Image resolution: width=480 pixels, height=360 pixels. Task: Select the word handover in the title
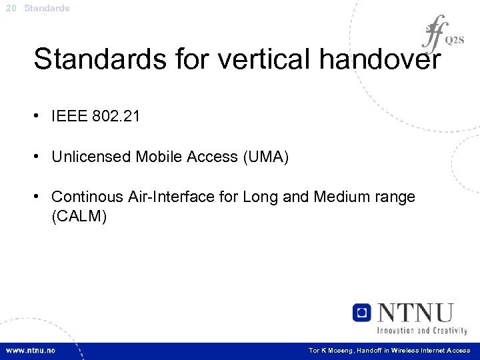coord(380,59)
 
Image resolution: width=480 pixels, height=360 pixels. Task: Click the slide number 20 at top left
coord(11,9)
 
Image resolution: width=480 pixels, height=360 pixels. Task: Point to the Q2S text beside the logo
coord(455,40)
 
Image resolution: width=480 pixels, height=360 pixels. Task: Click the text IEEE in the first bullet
coord(69,117)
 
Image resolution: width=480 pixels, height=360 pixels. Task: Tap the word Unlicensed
coord(91,157)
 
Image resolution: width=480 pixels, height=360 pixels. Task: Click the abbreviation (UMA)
coord(265,157)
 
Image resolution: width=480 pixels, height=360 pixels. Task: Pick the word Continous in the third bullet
coord(86,197)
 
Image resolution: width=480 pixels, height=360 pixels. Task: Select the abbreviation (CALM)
coord(79,216)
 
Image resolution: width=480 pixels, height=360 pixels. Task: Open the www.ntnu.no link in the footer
coord(31,350)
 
